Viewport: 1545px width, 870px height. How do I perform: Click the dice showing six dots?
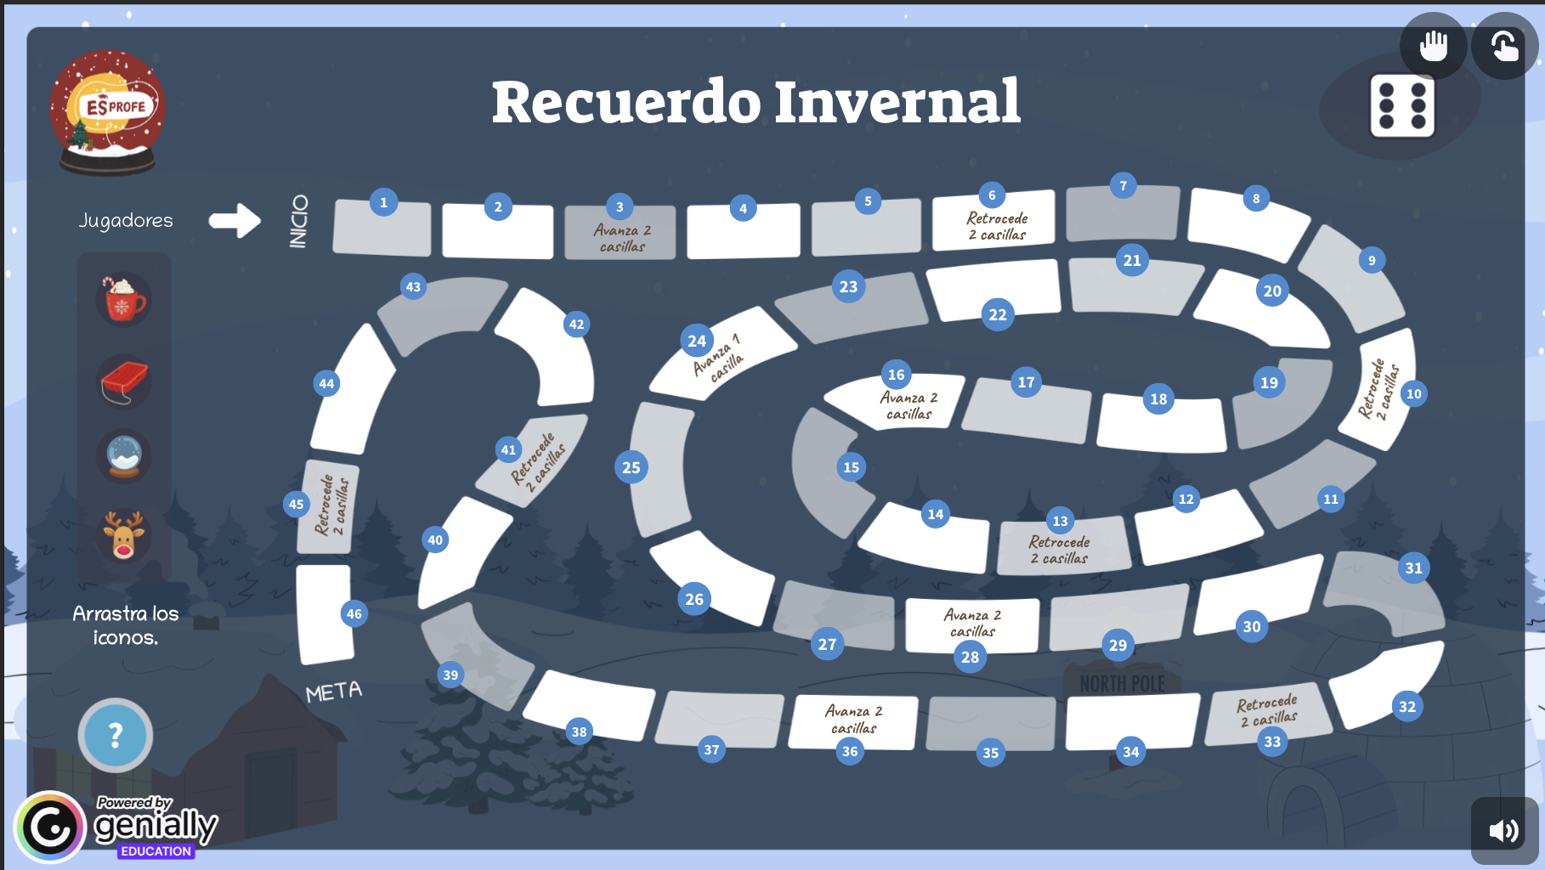pyautogui.click(x=1402, y=106)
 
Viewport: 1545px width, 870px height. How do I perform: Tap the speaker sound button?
pyautogui.click(x=1504, y=830)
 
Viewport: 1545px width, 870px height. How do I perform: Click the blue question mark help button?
pyautogui.click(x=116, y=735)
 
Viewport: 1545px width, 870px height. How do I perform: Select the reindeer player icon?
pyautogui.click(x=124, y=535)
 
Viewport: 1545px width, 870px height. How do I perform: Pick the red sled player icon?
pyautogui.click(x=124, y=381)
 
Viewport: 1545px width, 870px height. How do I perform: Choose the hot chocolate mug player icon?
pyautogui.click(x=124, y=300)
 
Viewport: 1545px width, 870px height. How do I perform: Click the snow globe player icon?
pyautogui.click(x=124, y=457)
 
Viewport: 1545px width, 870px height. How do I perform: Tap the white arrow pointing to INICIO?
pyautogui.click(x=235, y=221)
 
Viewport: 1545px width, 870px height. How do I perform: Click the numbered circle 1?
pyautogui.click(x=383, y=202)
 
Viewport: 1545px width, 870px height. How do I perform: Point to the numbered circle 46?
pyautogui.click(x=354, y=613)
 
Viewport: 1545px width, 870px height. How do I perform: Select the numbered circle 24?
pyautogui.click(x=697, y=341)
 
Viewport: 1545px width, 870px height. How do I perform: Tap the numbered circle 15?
pyautogui.click(x=852, y=467)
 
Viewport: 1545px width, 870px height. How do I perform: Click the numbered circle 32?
pyautogui.click(x=1407, y=706)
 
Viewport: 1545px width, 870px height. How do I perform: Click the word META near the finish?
pyautogui.click(x=334, y=692)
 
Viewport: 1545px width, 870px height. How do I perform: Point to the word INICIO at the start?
pyautogui.click(x=298, y=222)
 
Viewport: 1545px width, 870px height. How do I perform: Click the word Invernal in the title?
pyautogui.click(x=897, y=102)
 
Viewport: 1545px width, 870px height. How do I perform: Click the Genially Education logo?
pyautogui.click(x=116, y=827)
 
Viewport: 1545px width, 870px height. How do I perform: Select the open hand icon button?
pyautogui.click(x=1434, y=45)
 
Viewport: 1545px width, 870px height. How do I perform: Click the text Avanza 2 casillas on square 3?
pyautogui.click(x=622, y=238)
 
